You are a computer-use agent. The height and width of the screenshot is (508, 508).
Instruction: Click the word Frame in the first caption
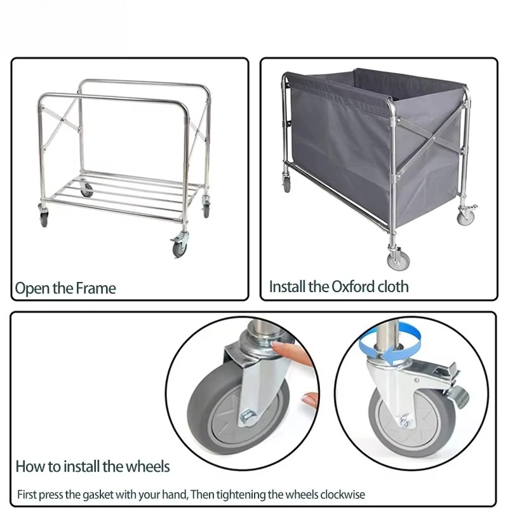coord(96,288)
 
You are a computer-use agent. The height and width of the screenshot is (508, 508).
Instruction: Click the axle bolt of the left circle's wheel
coord(247,416)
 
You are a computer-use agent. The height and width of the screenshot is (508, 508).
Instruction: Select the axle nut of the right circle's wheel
coord(404,422)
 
